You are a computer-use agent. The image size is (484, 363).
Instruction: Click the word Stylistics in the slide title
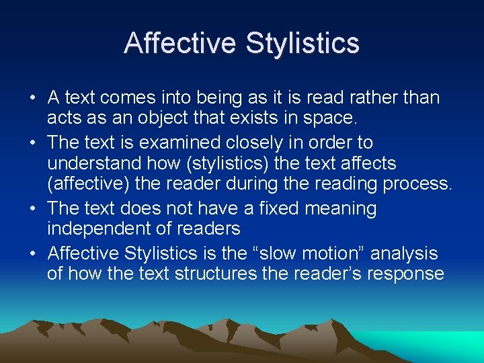pyautogui.click(x=302, y=44)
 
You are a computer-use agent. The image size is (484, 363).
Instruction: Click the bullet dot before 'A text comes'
pyautogui.click(x=32, y=98)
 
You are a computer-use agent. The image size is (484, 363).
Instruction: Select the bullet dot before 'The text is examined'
pyautogui.click(x=32, y=143)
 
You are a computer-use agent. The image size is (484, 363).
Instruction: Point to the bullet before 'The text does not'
pyautogui.click(x=32, y=209)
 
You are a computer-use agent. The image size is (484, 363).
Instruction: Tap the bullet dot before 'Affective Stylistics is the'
pyautogui.click(x=32, y=254)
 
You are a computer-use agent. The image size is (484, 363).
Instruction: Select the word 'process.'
pyautogui.click(x=419, y=184)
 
